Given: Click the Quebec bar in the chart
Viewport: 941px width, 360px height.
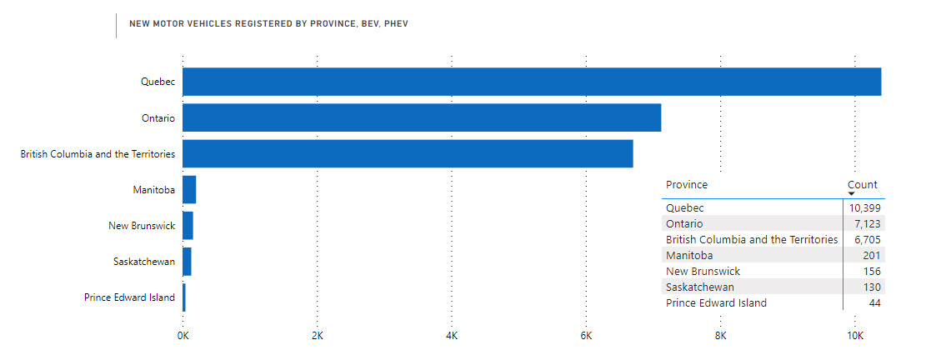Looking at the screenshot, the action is tap(532, 82).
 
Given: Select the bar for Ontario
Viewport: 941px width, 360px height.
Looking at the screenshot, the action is tap(422, 117).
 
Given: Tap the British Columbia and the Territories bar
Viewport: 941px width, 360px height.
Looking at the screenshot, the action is tap(408, 153).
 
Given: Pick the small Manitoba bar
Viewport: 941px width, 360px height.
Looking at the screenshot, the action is tap(189, 190).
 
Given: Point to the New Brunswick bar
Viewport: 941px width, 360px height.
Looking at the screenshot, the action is tap(188, 226).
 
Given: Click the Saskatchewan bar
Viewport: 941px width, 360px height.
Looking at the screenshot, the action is tap(187, 262).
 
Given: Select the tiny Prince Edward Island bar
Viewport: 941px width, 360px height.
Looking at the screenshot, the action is tap(184, 297).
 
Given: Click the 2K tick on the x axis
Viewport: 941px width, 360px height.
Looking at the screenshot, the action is tap(318, 335).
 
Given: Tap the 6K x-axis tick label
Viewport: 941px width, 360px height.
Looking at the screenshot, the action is tap(586, 335).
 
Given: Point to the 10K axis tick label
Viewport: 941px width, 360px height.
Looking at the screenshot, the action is tap(854, 335).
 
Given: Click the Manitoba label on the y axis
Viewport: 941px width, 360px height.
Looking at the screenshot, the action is tap(153, 190).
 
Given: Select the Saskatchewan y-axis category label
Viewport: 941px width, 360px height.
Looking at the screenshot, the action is tap(144, 262).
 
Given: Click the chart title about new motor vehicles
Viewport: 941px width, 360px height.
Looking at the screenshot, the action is tap(268, 24).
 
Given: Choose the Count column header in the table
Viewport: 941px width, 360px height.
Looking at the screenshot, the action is tap(863, 185).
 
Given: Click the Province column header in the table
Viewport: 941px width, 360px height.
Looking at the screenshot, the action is tap(687, 185).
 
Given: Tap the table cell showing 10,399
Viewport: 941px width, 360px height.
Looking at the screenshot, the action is tap(865, 208).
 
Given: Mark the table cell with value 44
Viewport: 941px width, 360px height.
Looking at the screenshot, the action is tap(874, 303).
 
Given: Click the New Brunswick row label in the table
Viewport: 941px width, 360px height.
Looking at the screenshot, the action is tap(703, 271).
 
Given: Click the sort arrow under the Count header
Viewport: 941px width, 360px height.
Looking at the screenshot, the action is tap(851, 193).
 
